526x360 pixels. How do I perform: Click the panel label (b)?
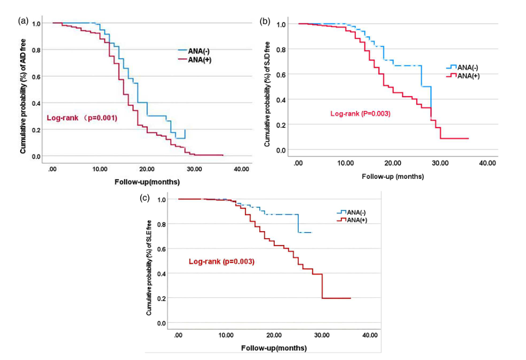click(266, 21)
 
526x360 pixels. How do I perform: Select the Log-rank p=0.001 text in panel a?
click(82, 118)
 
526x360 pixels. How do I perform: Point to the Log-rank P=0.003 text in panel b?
click(360, 114)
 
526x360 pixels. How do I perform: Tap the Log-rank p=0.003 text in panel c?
click(222, 262)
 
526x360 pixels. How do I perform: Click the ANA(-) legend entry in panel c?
click(352, 212)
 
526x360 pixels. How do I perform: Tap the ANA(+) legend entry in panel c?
click(352, 220)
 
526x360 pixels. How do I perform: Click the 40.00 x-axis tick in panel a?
click(241, 169)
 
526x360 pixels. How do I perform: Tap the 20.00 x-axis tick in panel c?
click(274, 335)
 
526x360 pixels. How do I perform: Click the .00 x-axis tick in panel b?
click(298, 164)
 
